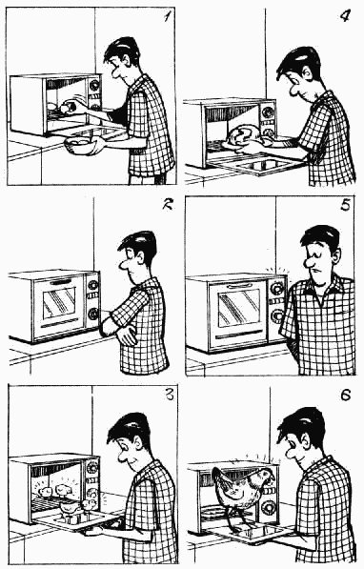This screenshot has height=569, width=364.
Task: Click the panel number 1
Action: pyautogui.click(x=167, y=16)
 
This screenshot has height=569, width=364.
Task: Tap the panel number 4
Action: pyautogui.click(x=345, y=15)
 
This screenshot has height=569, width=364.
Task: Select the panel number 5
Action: pyautogui.click(x=346, y=205)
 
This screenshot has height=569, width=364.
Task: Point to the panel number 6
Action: pyautogui.click(x=346, y=395)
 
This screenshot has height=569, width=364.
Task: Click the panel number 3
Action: pyautogui.click(x=169, y=394)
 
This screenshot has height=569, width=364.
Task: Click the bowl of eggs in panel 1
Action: pyautogui.click(x=81, y=145)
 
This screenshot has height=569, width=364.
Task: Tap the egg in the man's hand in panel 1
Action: pyautogui.click(x=67, y=108)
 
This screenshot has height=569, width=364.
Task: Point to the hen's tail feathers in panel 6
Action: pyautogui.click(x=221, y=480)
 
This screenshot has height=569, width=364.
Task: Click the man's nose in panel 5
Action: pyautogui.click(x=312, y=262)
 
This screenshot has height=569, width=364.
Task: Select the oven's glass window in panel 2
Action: pyautogui.click(x=59, y=303)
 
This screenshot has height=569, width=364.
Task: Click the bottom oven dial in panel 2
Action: pyautogui.click(x=92, y=313)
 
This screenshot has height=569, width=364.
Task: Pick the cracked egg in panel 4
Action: pyautogui.click(x=243, y=135)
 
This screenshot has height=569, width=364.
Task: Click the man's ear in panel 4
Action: pyautogui.click(x=307, y=75)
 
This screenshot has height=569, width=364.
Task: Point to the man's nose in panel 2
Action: pyautogui.click(x=124, y=265)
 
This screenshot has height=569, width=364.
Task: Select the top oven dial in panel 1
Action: pyautogui.click(x=94, y=85)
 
